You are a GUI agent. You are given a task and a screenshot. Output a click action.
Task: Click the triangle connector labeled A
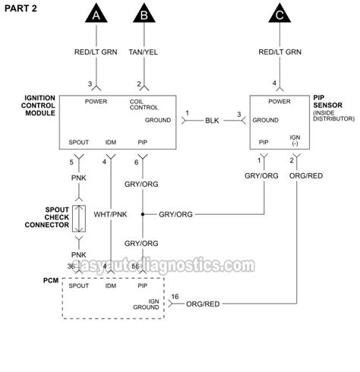click(96, 16)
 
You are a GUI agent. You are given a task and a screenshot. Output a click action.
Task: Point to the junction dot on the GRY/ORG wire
click(141, 214)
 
